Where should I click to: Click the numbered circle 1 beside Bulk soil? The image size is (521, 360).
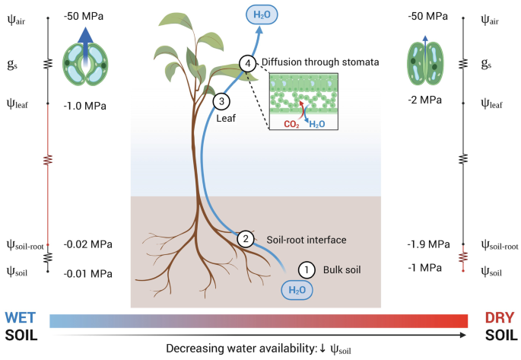coord(306,269)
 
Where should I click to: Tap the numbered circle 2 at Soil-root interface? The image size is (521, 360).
coord(245,238)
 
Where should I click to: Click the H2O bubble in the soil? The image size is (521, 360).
coord(296,289)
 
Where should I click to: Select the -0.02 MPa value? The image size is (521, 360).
coord(88,244)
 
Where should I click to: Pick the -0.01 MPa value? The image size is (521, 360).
coord(88,273)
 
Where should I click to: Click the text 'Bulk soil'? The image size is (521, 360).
coord(342,269)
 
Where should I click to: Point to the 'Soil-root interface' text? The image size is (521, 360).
coord(307,239)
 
